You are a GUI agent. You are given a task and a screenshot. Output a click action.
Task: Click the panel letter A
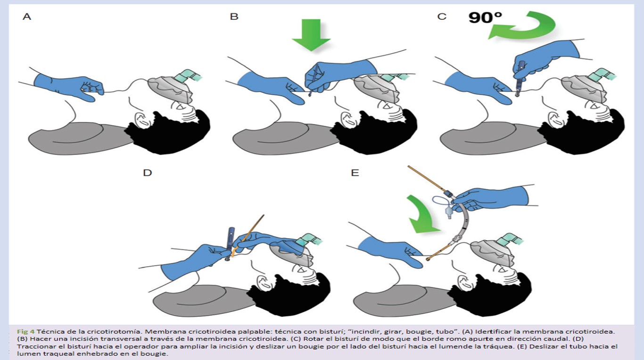(x=27, y=16)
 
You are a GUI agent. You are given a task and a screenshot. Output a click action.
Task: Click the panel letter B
(x=234, y=16)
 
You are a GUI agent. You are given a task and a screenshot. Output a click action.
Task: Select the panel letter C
(x=442, y=16)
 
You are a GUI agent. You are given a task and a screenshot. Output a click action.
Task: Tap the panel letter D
(x=148, y=172)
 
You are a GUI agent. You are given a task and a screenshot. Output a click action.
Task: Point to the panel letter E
(x=355, y=172)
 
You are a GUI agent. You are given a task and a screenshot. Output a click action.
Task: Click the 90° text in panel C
(x=485, y=17)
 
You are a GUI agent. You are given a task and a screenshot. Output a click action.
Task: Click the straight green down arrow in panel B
(x=311, y=35)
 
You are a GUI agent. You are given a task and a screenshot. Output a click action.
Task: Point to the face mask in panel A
(x=171, y=89)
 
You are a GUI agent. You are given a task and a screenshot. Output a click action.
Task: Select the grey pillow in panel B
(x=285, y=140)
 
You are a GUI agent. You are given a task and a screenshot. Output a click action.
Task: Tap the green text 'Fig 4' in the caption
(x=25, y=332)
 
